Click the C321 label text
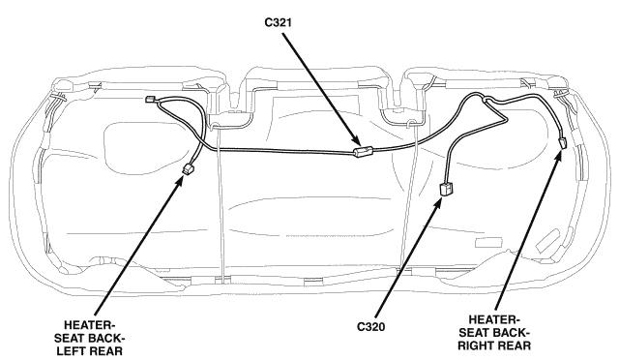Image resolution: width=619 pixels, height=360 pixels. click(x=278, y=22)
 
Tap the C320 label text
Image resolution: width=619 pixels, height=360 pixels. click(x=370, y=327)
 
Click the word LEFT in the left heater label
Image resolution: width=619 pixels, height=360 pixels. click(x=73, y=350)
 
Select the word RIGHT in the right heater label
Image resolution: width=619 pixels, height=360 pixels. click(x=477, y=345)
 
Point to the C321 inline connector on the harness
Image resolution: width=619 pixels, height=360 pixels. click(x=364, y=151)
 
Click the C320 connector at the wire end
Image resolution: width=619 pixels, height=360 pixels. click(x=447, y=189)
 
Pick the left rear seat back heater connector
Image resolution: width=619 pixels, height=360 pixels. click(x=188, y=169)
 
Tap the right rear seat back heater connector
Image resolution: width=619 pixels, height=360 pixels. click(x=563, y=142)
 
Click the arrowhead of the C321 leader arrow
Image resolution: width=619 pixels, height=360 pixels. click(x=355, y=140)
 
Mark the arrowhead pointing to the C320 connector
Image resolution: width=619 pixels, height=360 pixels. click(x=438, y=202)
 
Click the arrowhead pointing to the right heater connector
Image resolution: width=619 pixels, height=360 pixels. click(x=557, y=157)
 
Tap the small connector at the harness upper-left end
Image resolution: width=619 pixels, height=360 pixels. click(x=150, y=99)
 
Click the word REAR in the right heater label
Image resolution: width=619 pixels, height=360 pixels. click(x=515, y=345)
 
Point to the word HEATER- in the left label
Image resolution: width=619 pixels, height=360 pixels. click(x=89, y=325)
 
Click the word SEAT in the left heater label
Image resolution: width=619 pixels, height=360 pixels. click(x=70, y=338)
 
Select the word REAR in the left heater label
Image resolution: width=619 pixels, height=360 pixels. click(x=105, y=350)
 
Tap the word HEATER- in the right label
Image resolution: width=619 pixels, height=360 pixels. click(x=494, y=319)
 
